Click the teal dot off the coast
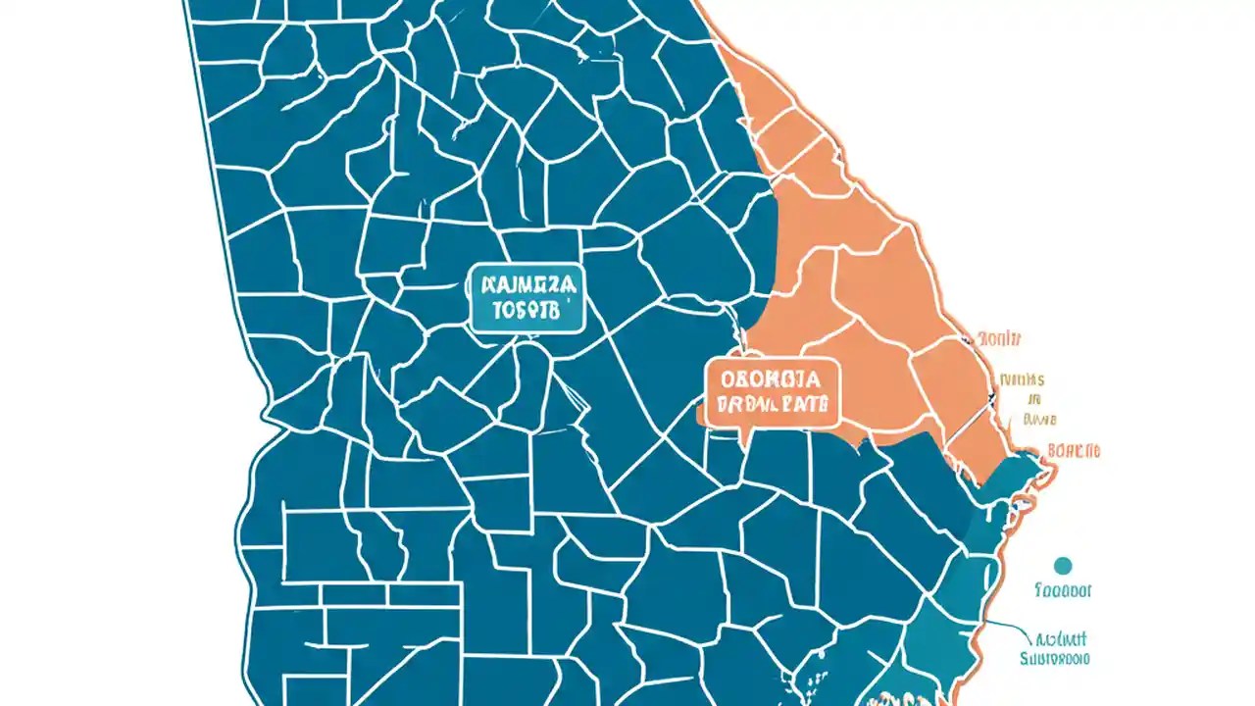1063,565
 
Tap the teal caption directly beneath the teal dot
1063,591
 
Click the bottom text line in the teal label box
526,312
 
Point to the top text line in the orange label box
771,378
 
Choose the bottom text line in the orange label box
771,403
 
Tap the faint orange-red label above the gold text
1000,338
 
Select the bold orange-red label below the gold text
1074,451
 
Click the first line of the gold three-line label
1022,378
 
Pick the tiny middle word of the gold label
1033,399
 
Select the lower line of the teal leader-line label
1055,659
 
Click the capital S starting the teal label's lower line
1025,659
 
